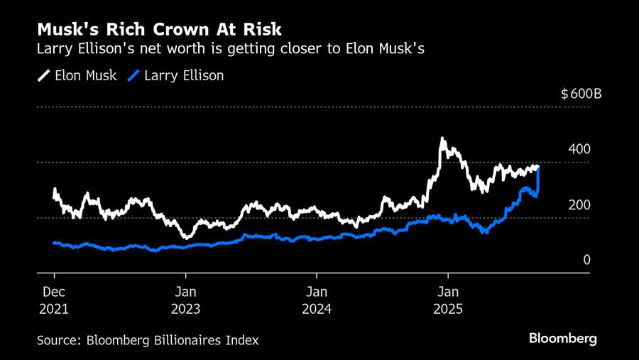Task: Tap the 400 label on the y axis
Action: pos(579,150)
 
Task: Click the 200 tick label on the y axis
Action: pos(579,205)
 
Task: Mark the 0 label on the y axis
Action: pos(586,261)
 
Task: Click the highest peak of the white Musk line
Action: pos(442,139)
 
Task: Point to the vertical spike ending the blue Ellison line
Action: pos(538,180)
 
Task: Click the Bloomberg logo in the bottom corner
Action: pos(562,339)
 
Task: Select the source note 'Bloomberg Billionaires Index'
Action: pos(173,340)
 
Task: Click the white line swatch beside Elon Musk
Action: pos(43,75)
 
